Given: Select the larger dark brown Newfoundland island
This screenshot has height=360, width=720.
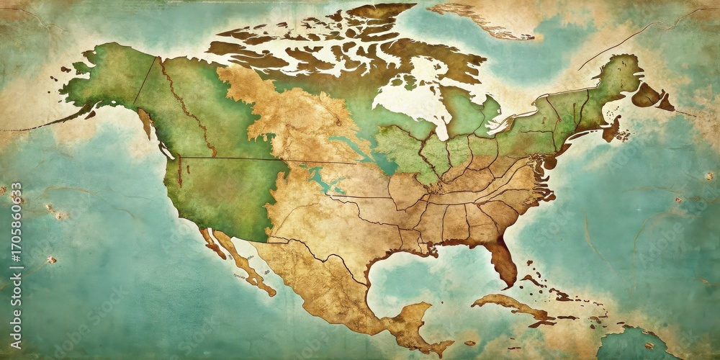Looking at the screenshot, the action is [x=648, y=95].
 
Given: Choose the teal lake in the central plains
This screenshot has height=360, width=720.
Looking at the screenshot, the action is [x=320, y=177].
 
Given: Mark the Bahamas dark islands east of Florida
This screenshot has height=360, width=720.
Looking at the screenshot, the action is [x=536, y=277].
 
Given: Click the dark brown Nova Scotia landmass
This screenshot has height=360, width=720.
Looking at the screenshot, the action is [x=612, y=130].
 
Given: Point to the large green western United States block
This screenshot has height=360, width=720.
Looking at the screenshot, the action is [x=220, y=194].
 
